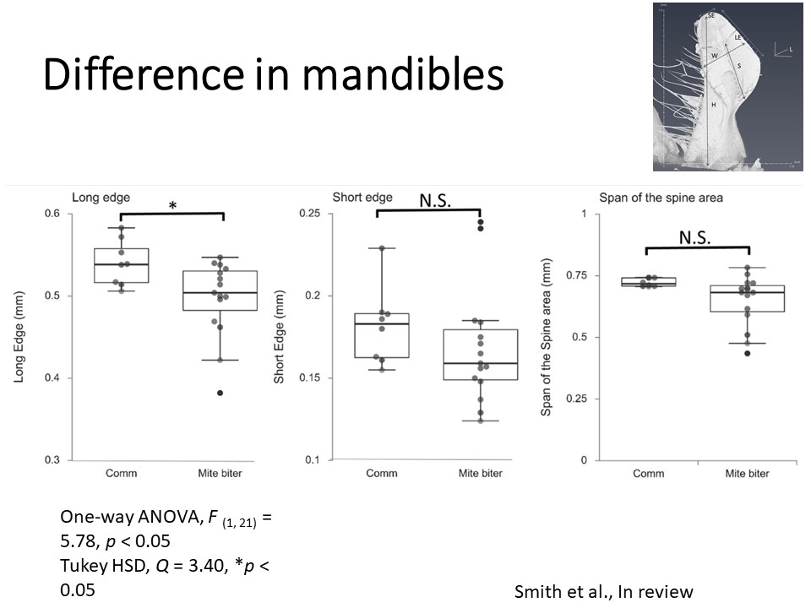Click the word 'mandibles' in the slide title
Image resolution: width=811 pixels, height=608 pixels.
pyautogui.click(x=402, y=76)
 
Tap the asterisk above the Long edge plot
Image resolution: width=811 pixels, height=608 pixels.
pyautogui.click(x=172, y=205)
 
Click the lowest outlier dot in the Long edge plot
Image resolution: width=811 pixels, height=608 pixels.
pyautogui.click(x=220, y=393)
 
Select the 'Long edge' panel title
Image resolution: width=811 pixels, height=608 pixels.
pyautogui.click(x=101, y=198)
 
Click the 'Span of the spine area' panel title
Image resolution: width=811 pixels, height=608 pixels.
pyautogui.click(x=649, y=198)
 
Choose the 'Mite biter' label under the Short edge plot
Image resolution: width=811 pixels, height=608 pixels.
pyautogui.click(x=480, y=473)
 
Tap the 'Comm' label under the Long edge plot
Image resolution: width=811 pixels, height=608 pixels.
pyautogui.click(x=121, y=473)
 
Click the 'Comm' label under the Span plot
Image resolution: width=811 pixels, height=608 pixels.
pyautogui.click(x=648, y=473)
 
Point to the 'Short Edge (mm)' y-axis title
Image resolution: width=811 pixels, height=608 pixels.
pyautogui.click(x=280, y=336)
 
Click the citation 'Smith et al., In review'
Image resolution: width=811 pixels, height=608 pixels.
pyautogui.click(x=603, y=591)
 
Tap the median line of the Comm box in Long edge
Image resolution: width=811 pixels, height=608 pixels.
pyautogui.click(x=121, y=264)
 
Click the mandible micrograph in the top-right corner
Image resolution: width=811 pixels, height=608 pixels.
pyautogui.click(x=727, y=87)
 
